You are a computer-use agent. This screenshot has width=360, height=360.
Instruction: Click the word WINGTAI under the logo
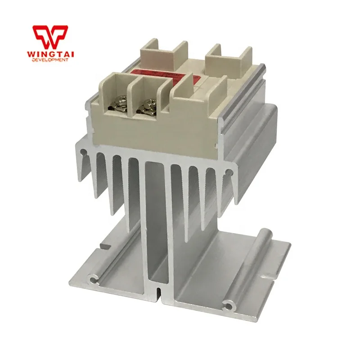pyautogui.click(x=50, y=54)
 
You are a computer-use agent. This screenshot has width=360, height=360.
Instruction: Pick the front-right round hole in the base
pyautogui.click(x=230, y=306)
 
